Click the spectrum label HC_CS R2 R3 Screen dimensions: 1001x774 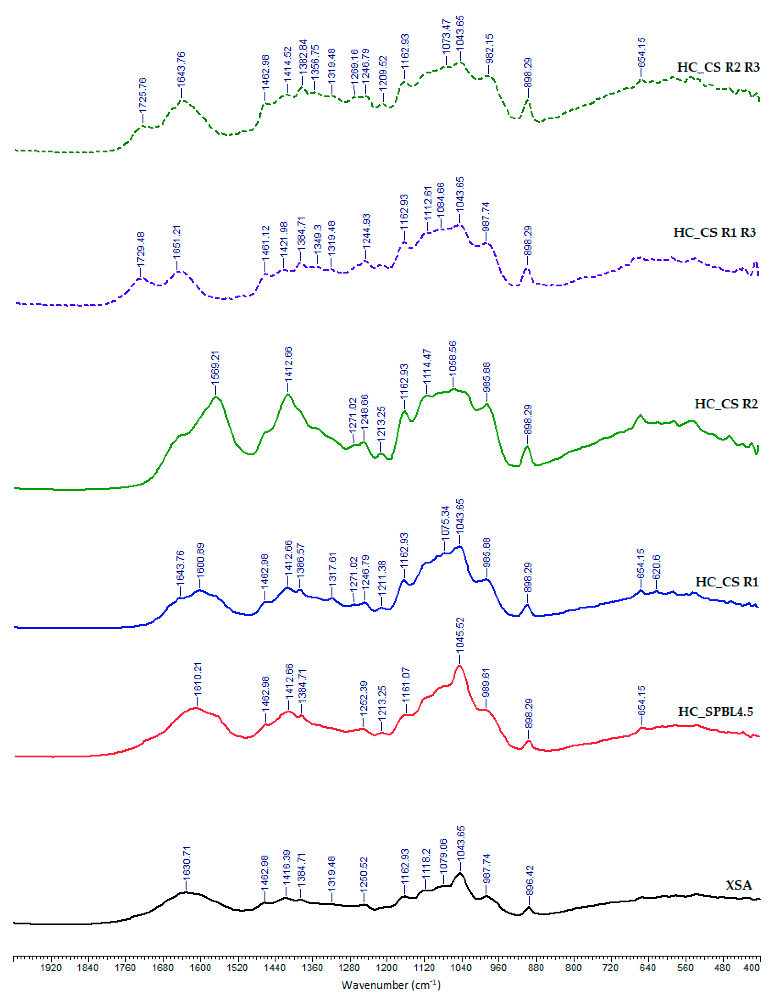tap(718, 67)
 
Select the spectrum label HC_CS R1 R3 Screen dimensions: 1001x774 tap(714, 232)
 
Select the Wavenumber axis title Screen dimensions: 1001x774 tap(391, 985)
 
